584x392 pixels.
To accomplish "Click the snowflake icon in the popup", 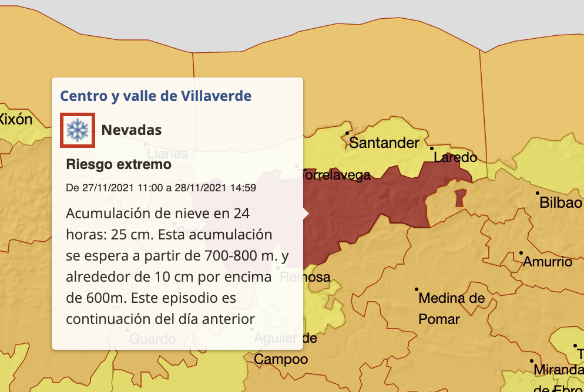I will (77, 130).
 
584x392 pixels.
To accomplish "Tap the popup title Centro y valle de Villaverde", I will (156, 96).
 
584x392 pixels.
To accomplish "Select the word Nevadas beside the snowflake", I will (132, 130).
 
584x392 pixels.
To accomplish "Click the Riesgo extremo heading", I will (119, 164).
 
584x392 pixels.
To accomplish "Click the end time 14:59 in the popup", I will (243, 188).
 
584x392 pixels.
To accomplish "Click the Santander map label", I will (385, 143).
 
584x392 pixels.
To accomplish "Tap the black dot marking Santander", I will (347, 133).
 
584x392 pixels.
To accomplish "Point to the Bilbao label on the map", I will (560, 203).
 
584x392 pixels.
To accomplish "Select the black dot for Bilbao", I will (537, 192).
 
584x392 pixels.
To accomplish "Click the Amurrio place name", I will (548, 262).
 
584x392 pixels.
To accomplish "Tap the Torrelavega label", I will (336, 175).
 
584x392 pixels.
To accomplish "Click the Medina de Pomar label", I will (451, 309).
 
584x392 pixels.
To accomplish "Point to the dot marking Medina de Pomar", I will (417, 289).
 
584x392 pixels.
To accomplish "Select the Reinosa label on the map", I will (306, 277).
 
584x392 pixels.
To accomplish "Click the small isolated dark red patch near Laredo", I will (460, 197).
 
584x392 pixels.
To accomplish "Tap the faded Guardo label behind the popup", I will (152, 339).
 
